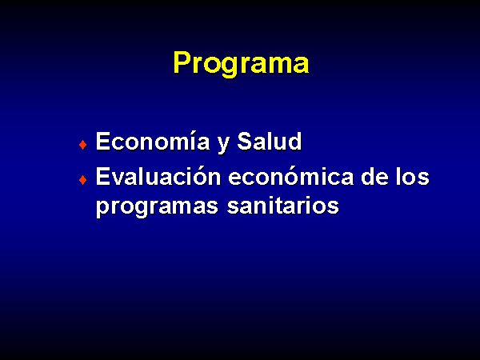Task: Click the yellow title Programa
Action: click(241, 63)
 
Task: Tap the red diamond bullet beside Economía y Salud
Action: click(82, 144)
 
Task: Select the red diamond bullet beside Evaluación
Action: click(82, 179)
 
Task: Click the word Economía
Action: click(153, 141)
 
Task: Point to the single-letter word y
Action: click(224, 145)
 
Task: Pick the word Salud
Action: click(270, 141)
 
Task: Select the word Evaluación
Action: click(158, 176)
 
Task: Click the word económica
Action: click(291, 176)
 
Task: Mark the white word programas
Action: click(157, 207)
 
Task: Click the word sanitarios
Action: click(283, 205)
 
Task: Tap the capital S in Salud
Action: click(246, 141)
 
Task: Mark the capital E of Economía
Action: click(103, 141)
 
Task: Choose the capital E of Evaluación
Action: click(103, 176)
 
